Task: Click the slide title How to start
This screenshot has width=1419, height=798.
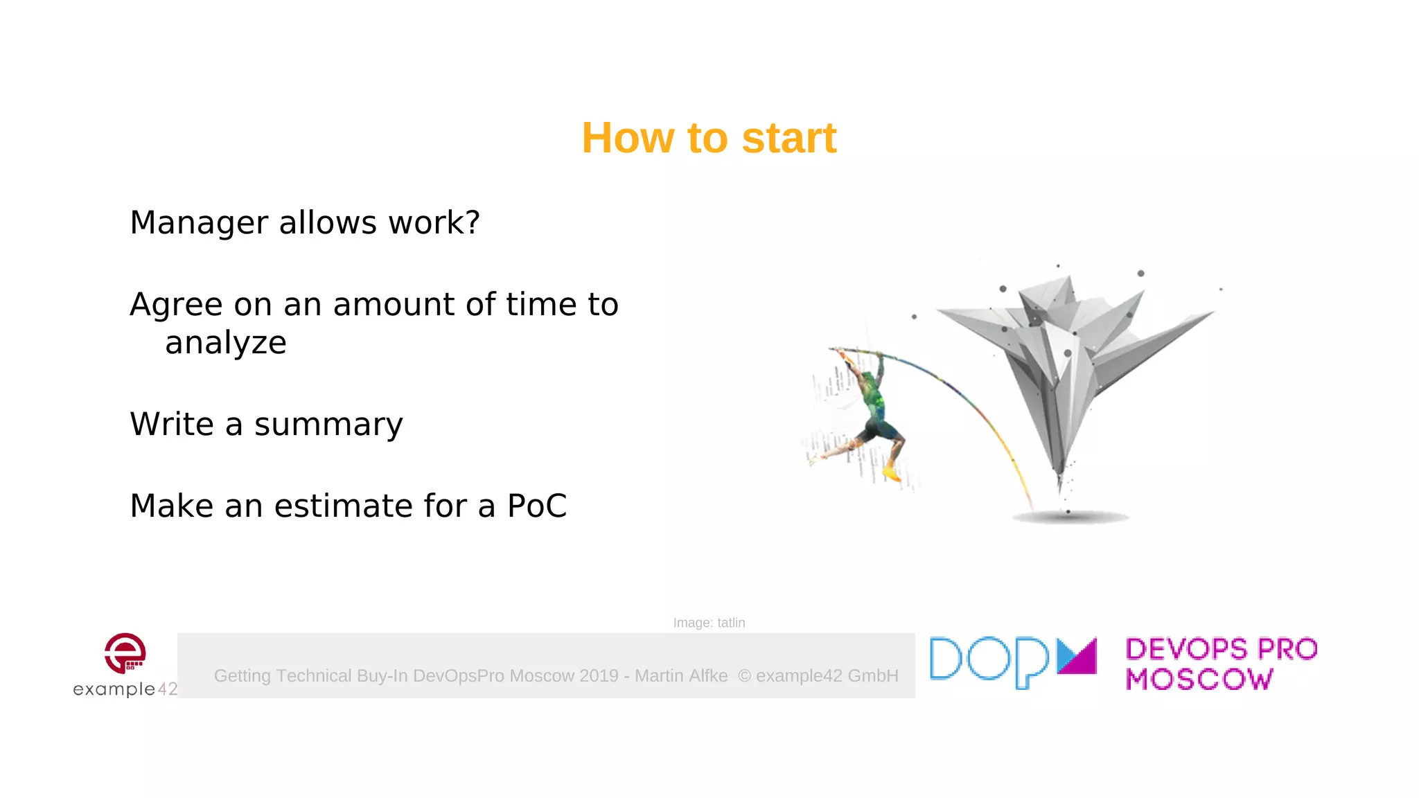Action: click(x=709, y=138)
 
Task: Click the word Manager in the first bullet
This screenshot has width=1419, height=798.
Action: click(x=199, y=223)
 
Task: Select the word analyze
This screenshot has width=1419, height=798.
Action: click(x=225, y=343)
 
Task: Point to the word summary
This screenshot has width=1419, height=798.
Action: click(x=328, y=425)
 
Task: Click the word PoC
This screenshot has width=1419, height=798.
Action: click(x=537, y=506)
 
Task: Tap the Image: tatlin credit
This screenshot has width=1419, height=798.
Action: click(x=709, y=623)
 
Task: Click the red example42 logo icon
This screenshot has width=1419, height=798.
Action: click(x=125, y=653)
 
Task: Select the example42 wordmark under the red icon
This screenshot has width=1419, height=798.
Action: click(x=125, y=689)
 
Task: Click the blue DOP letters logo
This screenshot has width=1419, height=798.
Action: click(x=989, y=662)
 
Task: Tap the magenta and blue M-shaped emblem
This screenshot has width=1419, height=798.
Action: click(x=1077, y=656)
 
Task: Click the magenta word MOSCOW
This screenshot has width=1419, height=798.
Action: click(x=1199, y=680)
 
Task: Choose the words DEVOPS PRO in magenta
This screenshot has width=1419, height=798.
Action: click(x=1221, y=649)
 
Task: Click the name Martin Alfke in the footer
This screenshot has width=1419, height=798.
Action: click(x=681, y=676)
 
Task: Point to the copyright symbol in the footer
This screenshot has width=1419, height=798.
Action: click(x=744, y=676)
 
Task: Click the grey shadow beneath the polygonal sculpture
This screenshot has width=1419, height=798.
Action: click(x=1070, y=517)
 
